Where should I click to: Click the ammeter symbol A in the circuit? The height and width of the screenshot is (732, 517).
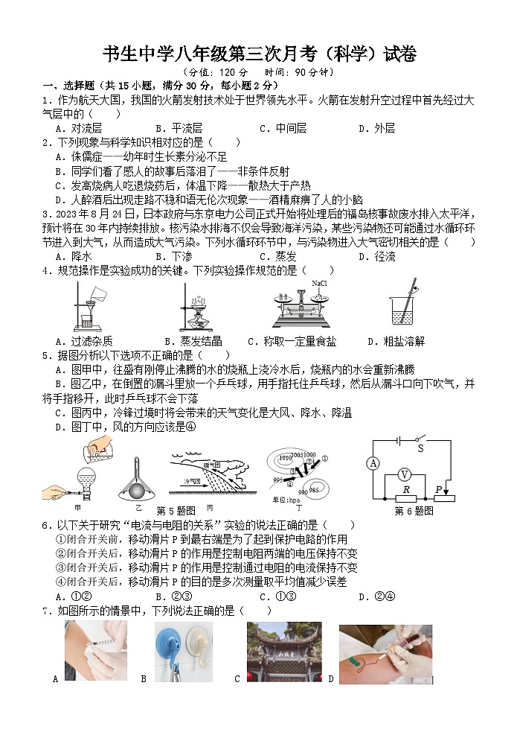(x=373, y=463)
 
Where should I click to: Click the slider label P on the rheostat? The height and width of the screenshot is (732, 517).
(x=438, y=488)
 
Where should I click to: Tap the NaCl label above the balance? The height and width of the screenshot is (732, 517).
(x=320, y=284)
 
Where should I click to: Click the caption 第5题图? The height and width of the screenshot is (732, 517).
(x=176, y=510)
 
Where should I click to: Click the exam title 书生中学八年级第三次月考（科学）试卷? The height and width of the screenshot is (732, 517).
(x=258, y=54)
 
